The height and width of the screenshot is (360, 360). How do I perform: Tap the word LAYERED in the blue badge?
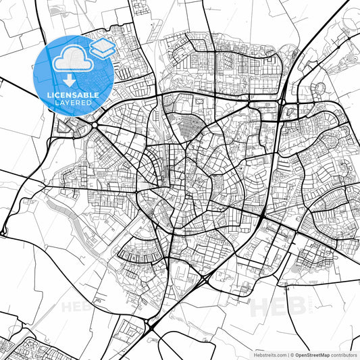(x=74, y=103)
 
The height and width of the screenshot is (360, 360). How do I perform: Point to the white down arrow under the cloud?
(x=74, y=80)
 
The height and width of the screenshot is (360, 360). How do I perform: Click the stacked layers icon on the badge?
(x=102, y=48)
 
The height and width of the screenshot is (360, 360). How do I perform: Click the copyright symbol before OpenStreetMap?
(x=292, y=354)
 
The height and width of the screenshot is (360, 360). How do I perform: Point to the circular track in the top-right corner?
(x=317, y=88)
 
